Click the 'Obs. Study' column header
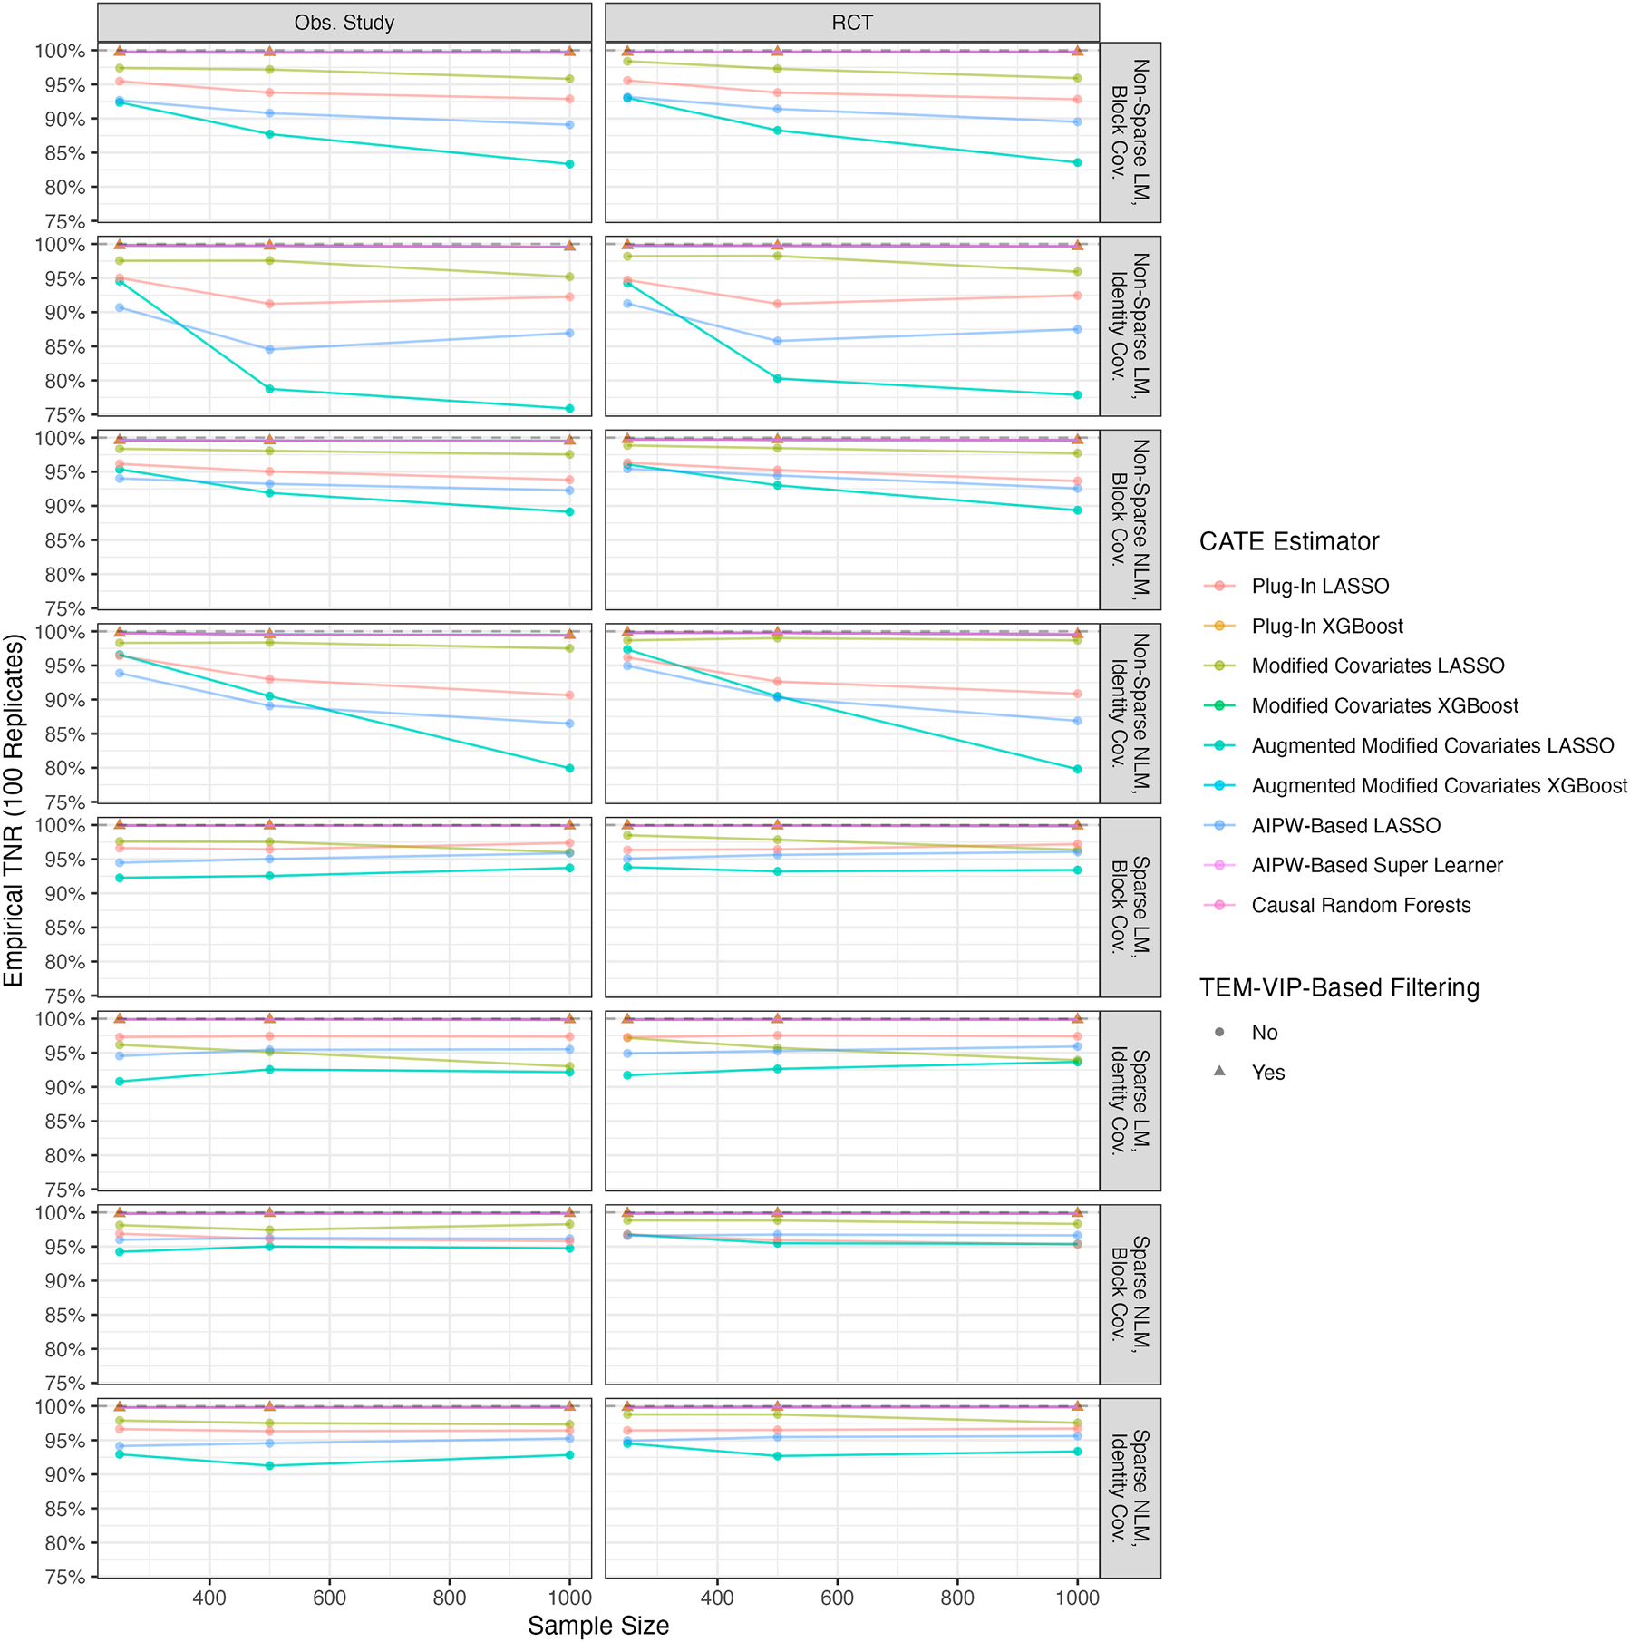(344, 23)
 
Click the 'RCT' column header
(851, 23)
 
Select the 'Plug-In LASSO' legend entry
(1319, 587)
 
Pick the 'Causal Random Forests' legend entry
(1360, 906)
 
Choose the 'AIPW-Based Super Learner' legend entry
(1376, 866)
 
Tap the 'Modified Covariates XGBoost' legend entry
(1384, 706)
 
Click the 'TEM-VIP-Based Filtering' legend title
(1338, 988)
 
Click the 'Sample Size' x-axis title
(598, 1626)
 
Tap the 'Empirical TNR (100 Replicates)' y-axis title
(14, 811)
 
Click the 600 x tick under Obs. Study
(329, 1598)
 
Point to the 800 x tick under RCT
(956, 1598)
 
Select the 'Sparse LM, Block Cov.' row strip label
(1130, 907)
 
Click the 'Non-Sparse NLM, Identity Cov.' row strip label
(1130, 713)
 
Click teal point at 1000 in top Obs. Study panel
(569, 164)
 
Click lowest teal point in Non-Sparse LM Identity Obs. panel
(569, 409)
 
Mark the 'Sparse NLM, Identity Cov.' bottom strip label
(1130, 1488)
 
